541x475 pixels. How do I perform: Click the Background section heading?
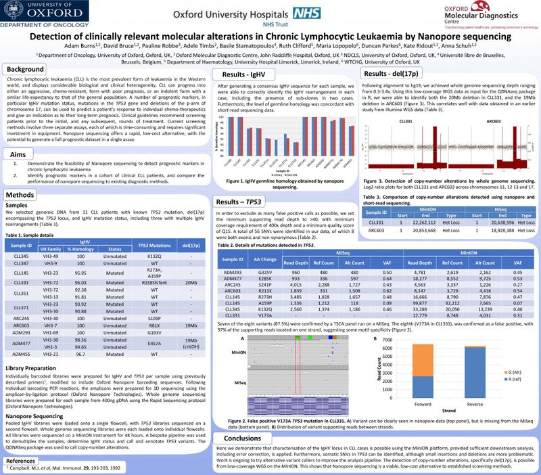[26, 70]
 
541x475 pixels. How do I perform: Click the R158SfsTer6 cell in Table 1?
[157, 263]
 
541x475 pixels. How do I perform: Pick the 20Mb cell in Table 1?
[191, 263]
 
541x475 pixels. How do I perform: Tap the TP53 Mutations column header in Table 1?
[157, 225]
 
